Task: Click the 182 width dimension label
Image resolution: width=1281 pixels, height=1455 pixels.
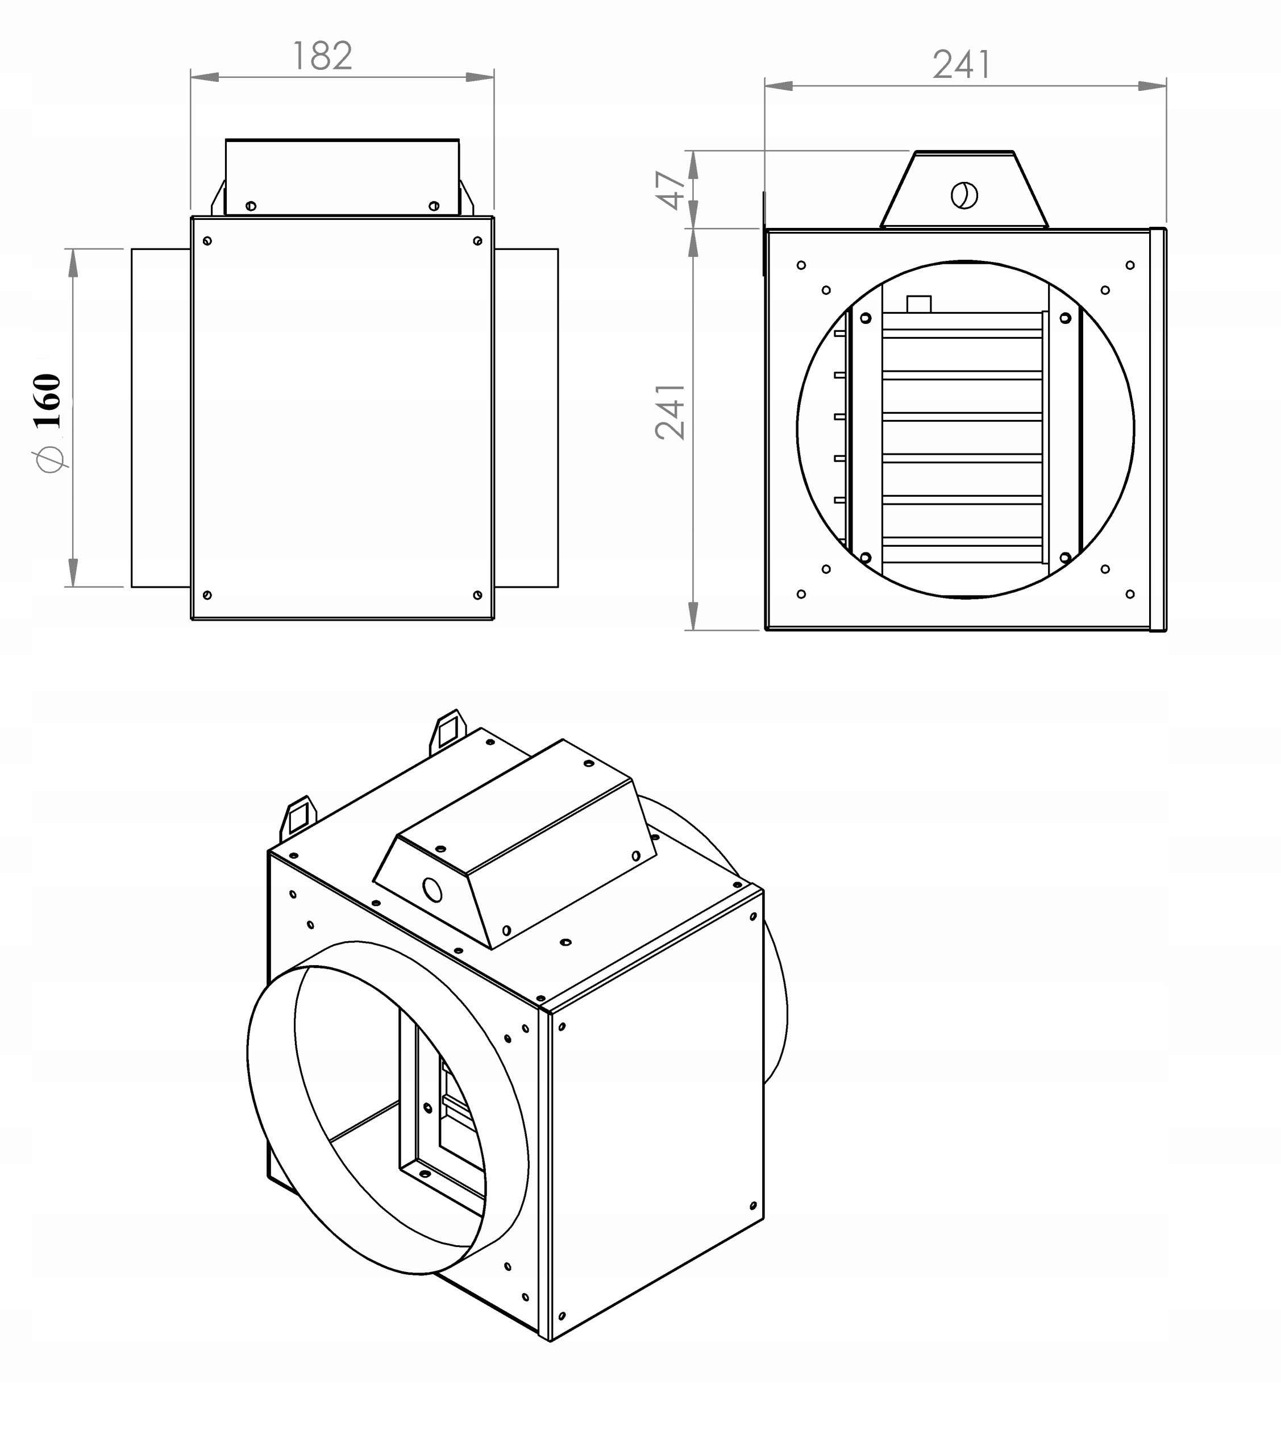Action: [322, 56]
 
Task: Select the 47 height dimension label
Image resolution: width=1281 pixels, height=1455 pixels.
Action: [671, 190]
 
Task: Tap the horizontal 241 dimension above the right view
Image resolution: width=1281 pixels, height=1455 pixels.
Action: [962, 65]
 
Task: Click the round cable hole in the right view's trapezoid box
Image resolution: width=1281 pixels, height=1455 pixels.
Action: [964, 195]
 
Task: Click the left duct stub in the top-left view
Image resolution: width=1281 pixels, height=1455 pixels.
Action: [161, 418]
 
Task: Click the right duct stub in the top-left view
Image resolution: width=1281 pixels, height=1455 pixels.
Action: [527, 418]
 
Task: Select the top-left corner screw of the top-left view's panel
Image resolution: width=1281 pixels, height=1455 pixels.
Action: [207, 240]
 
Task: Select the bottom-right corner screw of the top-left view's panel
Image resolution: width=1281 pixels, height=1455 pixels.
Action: [477, 595]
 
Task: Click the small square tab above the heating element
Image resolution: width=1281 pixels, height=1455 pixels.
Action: [919, 304]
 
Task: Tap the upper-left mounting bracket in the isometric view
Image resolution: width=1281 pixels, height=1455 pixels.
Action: [299, 815]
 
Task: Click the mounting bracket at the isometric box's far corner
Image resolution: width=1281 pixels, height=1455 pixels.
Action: [448, 729]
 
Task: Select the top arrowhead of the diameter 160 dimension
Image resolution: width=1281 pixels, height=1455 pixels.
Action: [73, 262]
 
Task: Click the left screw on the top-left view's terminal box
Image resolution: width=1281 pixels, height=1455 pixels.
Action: [251, 206]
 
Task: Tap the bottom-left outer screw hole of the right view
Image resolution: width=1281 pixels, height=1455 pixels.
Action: [801, 594]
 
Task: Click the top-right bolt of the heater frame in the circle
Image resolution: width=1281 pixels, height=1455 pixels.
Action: [1064, 318]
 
